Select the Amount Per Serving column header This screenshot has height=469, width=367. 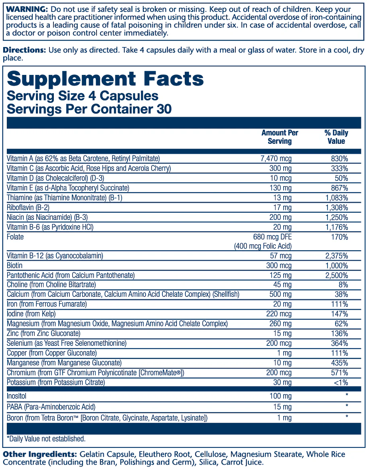pyautogui.click(x=280, y=137)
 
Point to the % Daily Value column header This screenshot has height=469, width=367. pyautogui.click(x=336, y=137)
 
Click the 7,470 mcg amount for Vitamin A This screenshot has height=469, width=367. pyautogui.click(x=276, y=159)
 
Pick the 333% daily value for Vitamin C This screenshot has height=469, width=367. pyautogui.click(x=339, y=169)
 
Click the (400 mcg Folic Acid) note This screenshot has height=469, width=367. pyautogui.click(x=263, y=246)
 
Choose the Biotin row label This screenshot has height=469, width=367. pyautogui.click(x=15, y=266)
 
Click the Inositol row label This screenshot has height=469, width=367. pyautogui.click(x=17, y=396)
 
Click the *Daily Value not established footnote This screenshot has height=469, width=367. pyautogui.click(x=46, y=439)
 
